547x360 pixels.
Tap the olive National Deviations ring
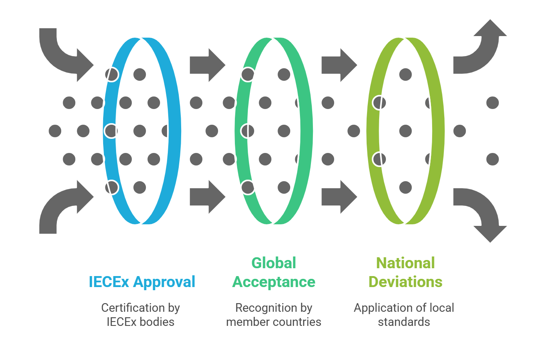pyautogui.click(x=436, y=131)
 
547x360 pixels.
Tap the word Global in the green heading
pyautogui.click(x=274, y=263)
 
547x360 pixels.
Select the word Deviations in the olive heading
pyautogui.click(x=405, y=282)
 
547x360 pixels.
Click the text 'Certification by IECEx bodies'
pyautogui.click(x=140, y=315)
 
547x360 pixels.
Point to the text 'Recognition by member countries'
pyautogui.click(x=274, y=315)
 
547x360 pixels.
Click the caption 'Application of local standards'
pyautogui.click(x=404, y=315)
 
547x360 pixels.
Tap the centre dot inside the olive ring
pyautogui.click(x=405, y=131)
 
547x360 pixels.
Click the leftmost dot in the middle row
pyautogui.click(x=55, y=131)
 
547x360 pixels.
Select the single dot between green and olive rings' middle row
pyautogui.click(x=353, y=131)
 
